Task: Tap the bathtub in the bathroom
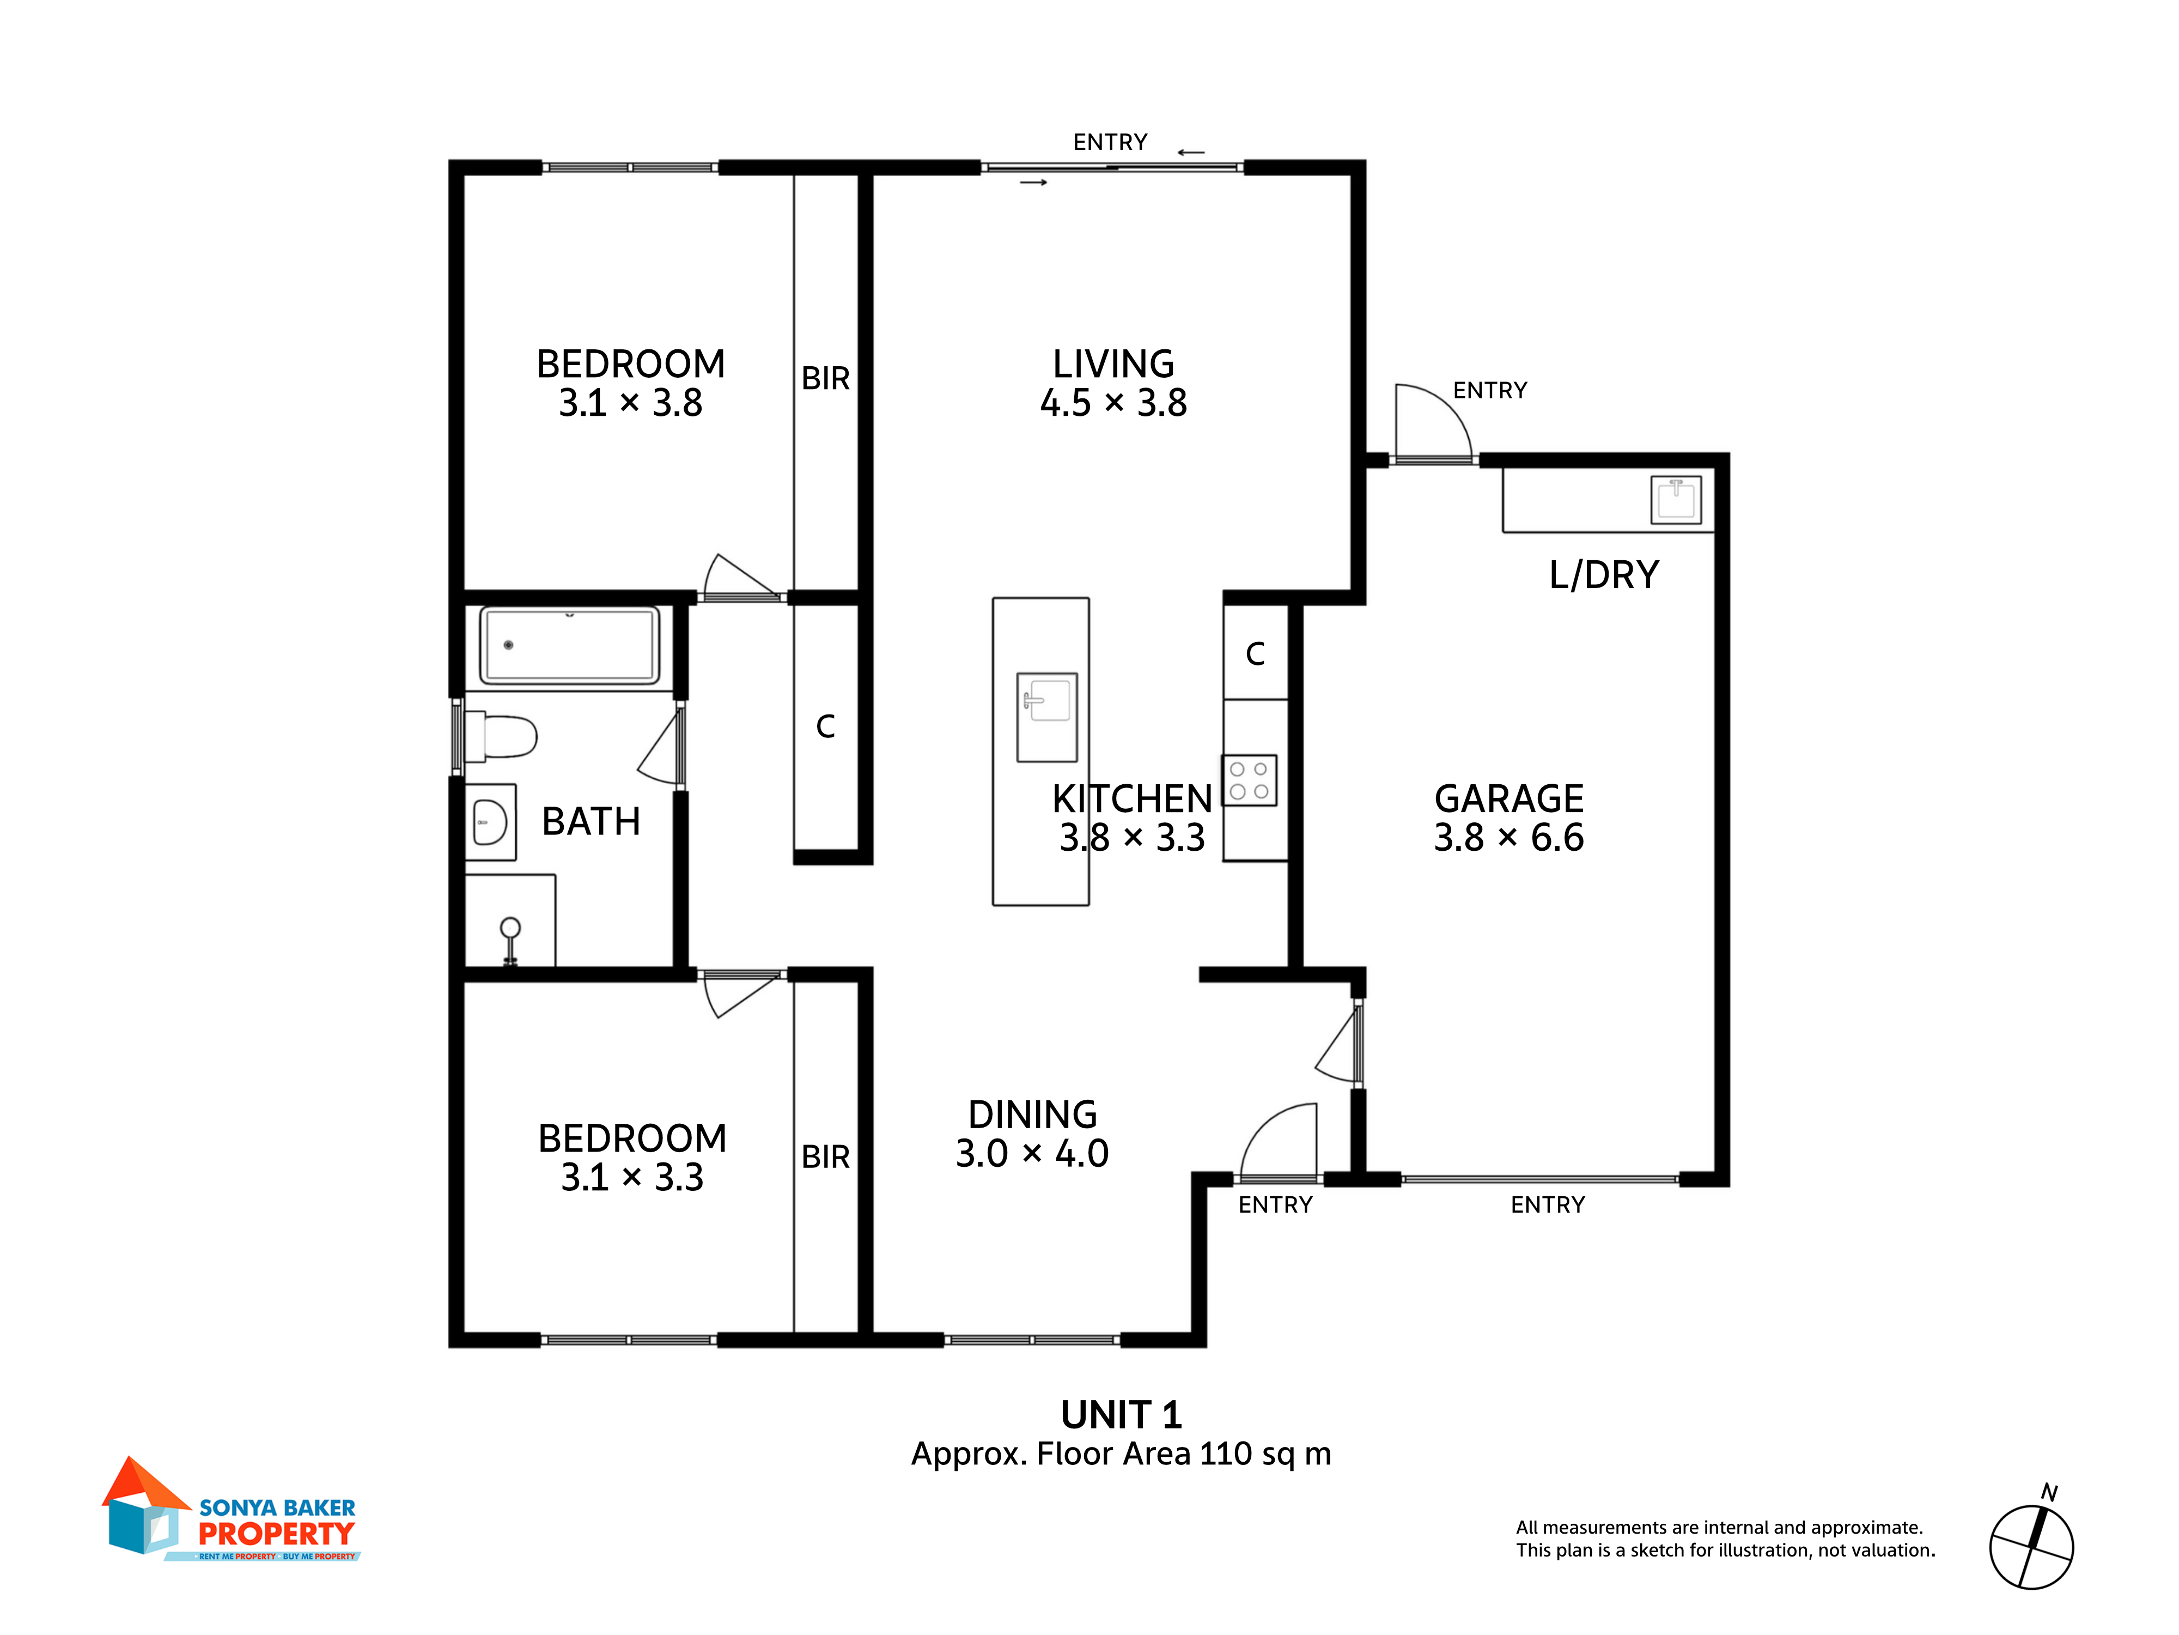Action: (569, 645)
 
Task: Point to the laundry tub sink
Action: (1676, 500)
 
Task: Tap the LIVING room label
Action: (1113, 364)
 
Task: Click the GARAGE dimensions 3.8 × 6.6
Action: (1508, 838)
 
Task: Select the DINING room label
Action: (1032, 1115)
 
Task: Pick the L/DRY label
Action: (1604, 574)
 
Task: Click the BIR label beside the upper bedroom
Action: (825, 378)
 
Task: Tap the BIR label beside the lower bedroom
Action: (825, 1156)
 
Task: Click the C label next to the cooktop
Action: (1255, 653)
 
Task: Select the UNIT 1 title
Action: (1121, 1415)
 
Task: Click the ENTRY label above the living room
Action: (1110, 142)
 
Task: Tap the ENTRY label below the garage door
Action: (1548, 1204)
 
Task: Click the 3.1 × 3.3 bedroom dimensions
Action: (632, 1177)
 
